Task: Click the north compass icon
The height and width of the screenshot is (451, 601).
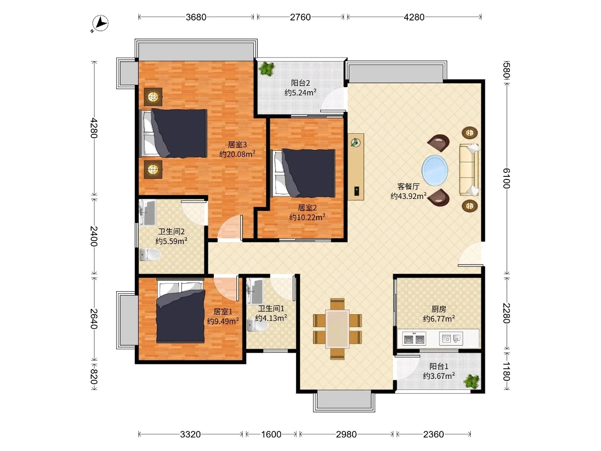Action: click(x=100, y=23)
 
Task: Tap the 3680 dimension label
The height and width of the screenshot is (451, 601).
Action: click(x=196, y=17)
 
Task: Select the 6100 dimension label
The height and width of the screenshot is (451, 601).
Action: click(x=506, y=178)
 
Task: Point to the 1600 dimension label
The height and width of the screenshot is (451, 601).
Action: click(x=271, y=434)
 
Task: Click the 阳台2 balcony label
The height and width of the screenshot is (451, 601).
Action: click(x=300, y=83)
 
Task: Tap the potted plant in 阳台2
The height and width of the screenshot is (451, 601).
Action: click(x=266, y=69)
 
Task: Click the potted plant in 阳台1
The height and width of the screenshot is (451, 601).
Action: click(x=472, y=381)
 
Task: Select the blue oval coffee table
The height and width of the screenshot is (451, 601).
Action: click(x=435, y=170)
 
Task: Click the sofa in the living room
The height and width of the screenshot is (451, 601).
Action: click(x=469, y=170)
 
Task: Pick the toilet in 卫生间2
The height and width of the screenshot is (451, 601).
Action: click(x=150, y=255)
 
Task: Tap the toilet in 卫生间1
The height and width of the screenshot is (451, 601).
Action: click(x=257, y=326)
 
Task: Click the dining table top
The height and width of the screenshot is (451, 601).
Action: click(x=338, y=329)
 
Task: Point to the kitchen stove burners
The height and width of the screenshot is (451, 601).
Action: click(x=414, y=339)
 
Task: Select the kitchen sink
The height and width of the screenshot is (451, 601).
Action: click(x=451, y=339)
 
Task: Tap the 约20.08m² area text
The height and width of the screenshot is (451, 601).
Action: click(x=237, y=154)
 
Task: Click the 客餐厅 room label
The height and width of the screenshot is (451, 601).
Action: click(x=408, y=186)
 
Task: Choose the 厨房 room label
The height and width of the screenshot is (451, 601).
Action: click(x=439, y=309)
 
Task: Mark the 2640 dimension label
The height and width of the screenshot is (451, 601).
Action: click(x=94, y=319)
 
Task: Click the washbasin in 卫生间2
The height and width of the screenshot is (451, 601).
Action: click(x=148, y=212)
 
